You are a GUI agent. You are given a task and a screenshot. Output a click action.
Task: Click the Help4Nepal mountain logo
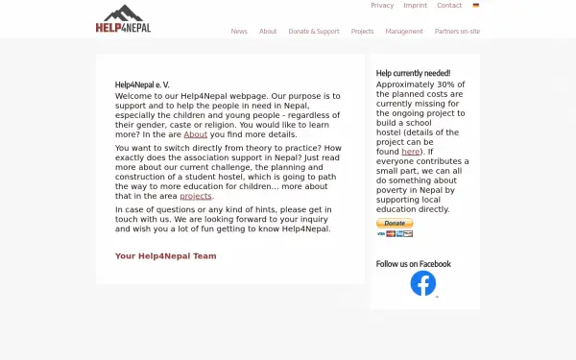tap(123, 19)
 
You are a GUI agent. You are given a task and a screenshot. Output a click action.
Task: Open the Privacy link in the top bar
tap(382, 6)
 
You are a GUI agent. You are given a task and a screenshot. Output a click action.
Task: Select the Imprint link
tap(415, 6)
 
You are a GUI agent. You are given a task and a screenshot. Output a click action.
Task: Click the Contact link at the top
tap(449, 6)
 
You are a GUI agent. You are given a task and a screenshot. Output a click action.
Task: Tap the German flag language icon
tap(476, 6)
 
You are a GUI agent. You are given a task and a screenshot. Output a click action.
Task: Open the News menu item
tap(239, 32)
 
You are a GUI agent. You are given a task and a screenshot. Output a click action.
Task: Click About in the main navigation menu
tap(268, 32)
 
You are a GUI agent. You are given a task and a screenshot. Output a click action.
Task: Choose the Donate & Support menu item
tap(314, 32)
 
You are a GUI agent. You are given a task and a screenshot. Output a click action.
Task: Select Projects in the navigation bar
tap(362, 32)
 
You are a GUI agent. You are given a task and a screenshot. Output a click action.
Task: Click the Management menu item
tap(404, 32)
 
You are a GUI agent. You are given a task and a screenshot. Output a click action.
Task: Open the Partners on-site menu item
tap(457, 32)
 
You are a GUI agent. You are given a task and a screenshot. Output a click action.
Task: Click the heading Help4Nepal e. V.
tap(142, 84)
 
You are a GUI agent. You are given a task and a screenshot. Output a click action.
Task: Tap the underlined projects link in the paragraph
tap(196, 196)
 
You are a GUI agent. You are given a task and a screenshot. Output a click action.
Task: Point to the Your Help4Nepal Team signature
tap(165, 256)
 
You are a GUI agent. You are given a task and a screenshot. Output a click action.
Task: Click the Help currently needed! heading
tap(413, 73)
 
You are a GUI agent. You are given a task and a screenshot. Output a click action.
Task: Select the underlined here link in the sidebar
tap(411, 152)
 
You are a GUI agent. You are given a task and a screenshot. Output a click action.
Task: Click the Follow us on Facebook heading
tap(413, 264)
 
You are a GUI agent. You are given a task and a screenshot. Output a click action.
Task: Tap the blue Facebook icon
tap(422, 283)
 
